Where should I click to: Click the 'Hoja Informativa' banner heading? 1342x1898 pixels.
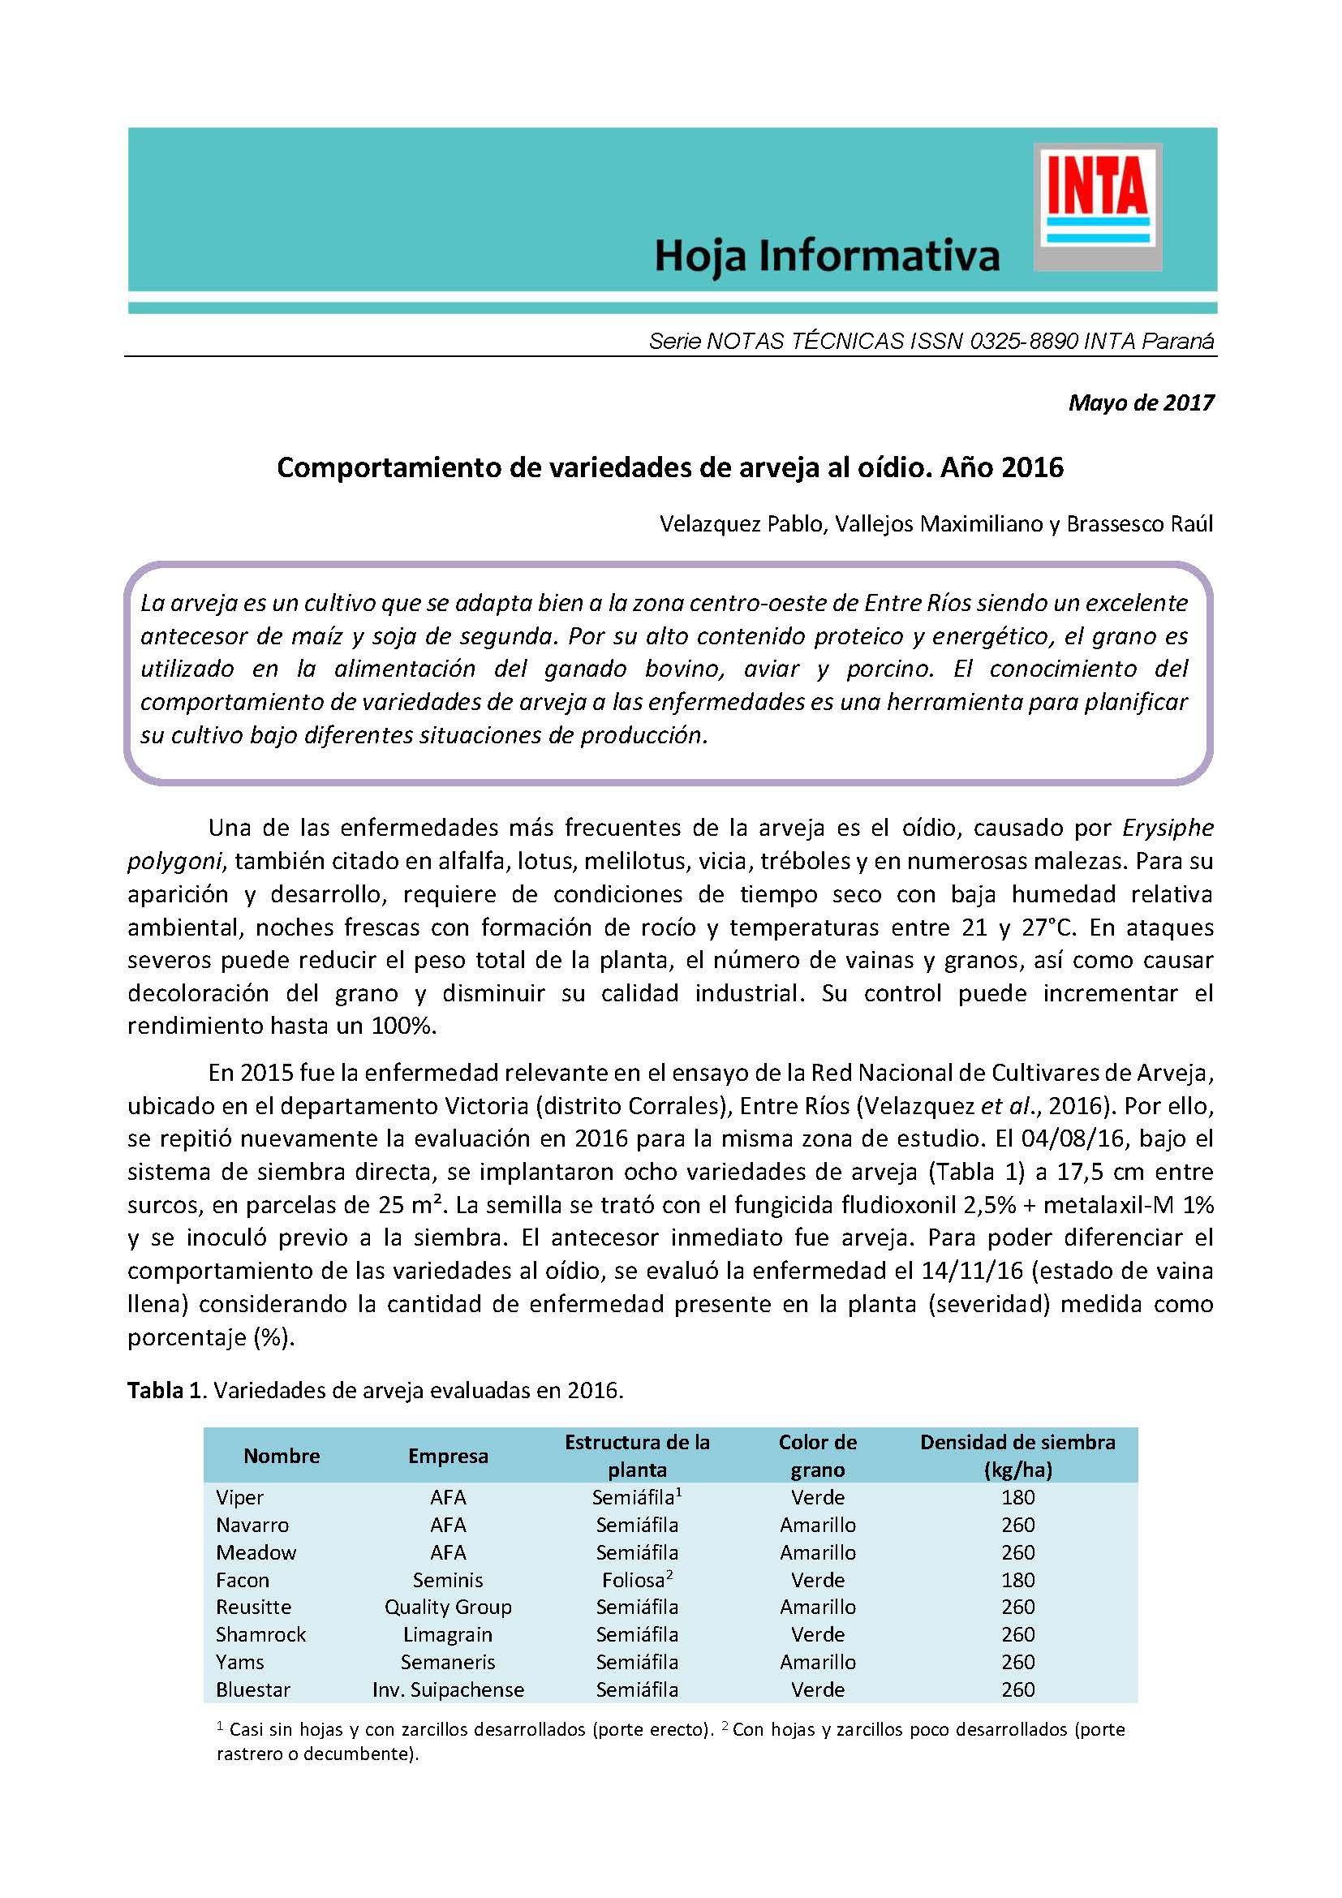tap(826, 256)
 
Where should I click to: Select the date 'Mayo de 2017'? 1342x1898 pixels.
tap(1142, 402)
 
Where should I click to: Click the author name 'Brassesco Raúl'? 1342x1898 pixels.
tap(1139, 524)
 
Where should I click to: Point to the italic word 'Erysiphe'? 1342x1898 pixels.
tap(1168, 828)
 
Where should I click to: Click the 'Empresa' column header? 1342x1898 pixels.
tap(448, 1456)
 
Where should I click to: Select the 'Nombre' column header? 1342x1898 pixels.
tap(282, 1456)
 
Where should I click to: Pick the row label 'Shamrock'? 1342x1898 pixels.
tap(260, 1634)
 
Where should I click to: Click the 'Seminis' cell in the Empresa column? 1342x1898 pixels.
tap(448, 1580)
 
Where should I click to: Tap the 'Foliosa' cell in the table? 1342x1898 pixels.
tap(634, 1580)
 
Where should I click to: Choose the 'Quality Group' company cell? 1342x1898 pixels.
tap(448, 1607)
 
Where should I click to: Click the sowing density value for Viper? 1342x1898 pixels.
tap(1017, 1497)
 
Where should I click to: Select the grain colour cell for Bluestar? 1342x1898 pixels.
tap(817, 1689)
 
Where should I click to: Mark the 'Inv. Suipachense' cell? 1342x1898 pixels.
tap(448, 1689)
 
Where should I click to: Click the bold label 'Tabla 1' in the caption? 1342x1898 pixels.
tap(165, 1391)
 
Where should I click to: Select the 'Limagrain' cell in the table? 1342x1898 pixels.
tap(448, 1634)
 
